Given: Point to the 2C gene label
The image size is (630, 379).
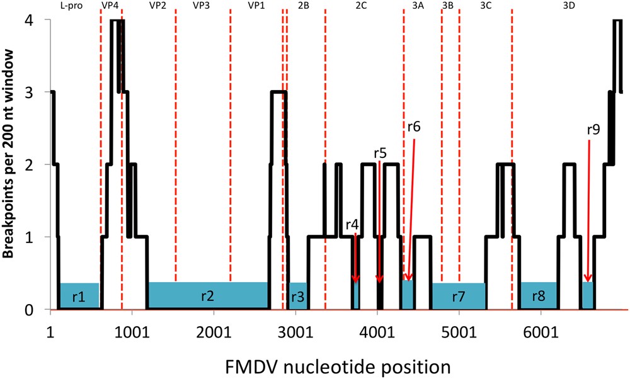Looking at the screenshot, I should pyautogui.click(x=362, y=6).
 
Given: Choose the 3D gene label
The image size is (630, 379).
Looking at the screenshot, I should pyautogui.click(x=567, y=6).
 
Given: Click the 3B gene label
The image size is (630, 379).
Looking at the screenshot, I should pyautogui.click(x=449, y=6).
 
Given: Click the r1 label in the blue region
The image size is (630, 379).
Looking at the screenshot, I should pyautogui.click(x=79, y=297).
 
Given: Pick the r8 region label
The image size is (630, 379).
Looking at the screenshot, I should pyautogui.click(x=538, y=297).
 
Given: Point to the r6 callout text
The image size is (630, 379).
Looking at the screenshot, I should pyautogui.click(x=414, y=126).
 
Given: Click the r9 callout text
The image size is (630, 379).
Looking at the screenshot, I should pyautogui.click(x=593, y=130).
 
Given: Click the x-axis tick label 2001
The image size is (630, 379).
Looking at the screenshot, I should pyautogui.click(x=214, y=332).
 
